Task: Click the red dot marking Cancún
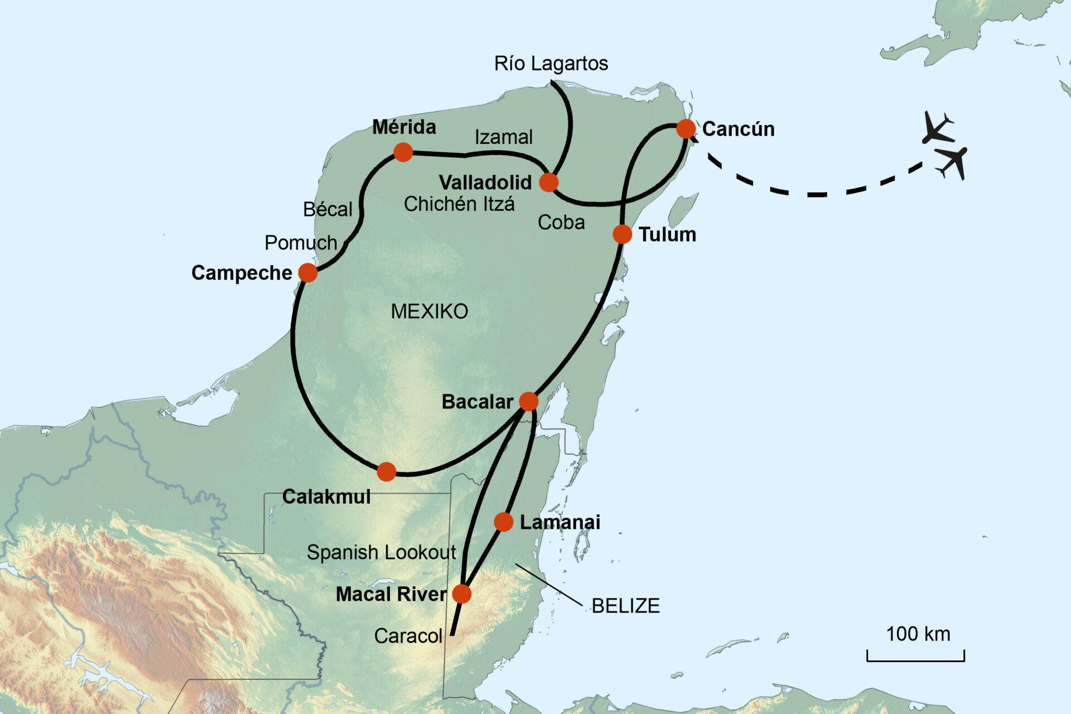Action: pos(686,129)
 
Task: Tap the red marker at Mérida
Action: pos(403,152)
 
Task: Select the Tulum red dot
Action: pos(622,234)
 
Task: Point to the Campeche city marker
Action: pos(307,273)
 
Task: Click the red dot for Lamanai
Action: pos(503,522)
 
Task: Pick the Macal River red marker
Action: pos(461,594)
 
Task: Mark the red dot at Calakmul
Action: pos(386,472)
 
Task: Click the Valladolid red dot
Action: pos(549,182)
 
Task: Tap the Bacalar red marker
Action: pos(528,401)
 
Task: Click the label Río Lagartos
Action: pos(551,64)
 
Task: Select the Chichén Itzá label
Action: pos(459,204)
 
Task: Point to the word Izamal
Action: pos(503,137)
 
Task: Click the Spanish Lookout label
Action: pos(381,552)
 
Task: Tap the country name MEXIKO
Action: pos(429,311)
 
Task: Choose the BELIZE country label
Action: pos(625,606)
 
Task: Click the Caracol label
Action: pos(408,636)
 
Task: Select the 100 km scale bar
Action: pos(915,656)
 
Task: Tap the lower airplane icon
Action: pos(953,162)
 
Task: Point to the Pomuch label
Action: pos(301,243)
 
